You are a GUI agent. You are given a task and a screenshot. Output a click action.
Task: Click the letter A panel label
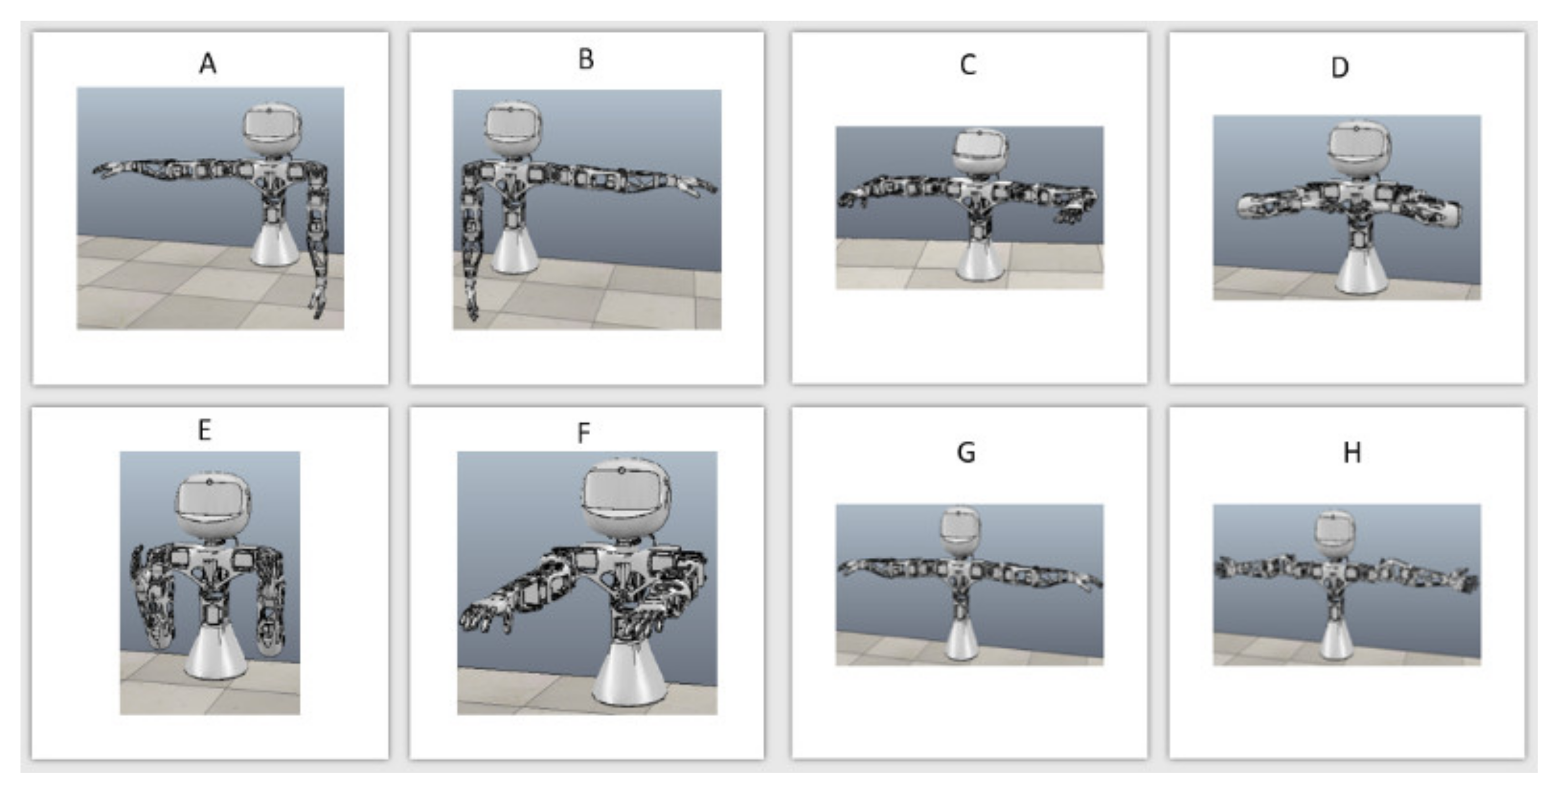pos(208,63)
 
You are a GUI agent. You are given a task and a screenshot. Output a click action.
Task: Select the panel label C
pos(968,65)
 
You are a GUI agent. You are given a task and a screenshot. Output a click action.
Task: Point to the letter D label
pos(1340,68)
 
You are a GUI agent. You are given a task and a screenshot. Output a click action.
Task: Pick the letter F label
pos(583,433)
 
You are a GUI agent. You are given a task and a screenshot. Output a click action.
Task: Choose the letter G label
pos(966,452)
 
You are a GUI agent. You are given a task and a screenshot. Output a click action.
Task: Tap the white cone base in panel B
pos(515,249)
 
